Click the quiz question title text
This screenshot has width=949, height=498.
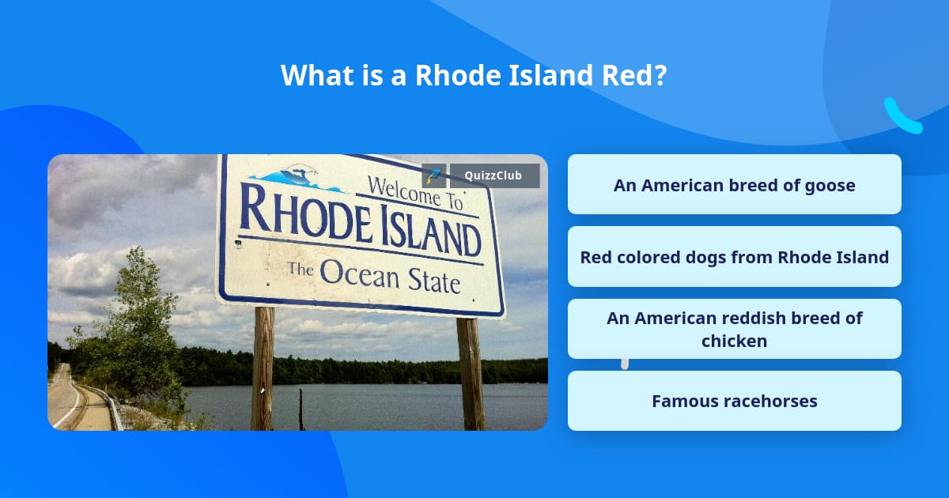474,76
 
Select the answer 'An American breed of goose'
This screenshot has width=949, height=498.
734,185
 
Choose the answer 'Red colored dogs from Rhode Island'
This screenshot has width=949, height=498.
734,257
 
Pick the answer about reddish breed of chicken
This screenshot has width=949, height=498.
734,329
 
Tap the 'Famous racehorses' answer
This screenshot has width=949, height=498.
734,401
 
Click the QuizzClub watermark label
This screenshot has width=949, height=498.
494,175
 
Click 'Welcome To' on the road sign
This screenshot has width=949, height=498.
414,193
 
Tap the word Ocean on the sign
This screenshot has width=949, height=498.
361,273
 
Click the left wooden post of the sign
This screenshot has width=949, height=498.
263,368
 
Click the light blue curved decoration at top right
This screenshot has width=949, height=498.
902,117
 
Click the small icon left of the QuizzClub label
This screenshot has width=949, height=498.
433,175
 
